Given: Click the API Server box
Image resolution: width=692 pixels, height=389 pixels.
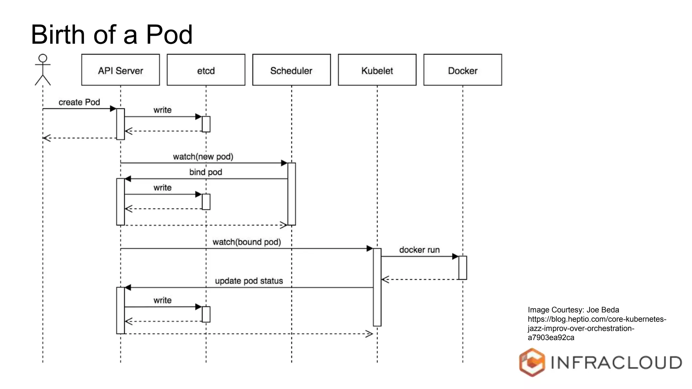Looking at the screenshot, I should pos(120,70).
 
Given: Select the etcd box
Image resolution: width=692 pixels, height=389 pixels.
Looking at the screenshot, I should pos(206,70).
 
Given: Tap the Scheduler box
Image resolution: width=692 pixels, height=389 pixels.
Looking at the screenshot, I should pos(291,70).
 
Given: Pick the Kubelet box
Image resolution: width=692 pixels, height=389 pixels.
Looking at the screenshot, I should pos(377,70).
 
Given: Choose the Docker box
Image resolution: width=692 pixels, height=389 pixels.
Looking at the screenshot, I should pos(463,70).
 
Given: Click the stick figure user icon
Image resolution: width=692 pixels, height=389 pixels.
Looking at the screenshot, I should pos(43,70).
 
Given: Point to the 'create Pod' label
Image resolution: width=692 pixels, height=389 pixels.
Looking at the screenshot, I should pos(79,102).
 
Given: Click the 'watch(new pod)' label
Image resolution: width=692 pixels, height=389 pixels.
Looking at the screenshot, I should pos(203,157).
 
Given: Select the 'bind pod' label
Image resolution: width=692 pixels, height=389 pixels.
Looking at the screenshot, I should pos(205,172).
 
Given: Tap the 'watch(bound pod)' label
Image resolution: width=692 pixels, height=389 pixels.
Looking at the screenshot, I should pos(247,242).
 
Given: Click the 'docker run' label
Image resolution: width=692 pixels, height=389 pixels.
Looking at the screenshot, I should pos(419,250).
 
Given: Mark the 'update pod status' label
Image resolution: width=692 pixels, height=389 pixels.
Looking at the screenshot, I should pos(249,281).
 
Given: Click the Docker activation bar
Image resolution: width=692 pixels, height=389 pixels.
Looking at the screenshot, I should pos(463,268).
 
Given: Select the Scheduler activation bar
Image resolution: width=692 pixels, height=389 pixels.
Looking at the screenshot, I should pos(292,194).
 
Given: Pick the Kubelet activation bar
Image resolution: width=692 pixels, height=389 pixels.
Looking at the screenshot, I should pos(377,287).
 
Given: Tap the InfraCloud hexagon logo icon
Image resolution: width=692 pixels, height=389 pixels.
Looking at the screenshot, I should pos(532,362).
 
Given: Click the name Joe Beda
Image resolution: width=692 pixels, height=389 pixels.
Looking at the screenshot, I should pos(603,310).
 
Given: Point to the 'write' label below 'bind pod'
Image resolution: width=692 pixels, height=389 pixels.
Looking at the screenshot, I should pos(163,188).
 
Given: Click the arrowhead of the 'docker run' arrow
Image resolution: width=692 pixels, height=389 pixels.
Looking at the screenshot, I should pos(455,257).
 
